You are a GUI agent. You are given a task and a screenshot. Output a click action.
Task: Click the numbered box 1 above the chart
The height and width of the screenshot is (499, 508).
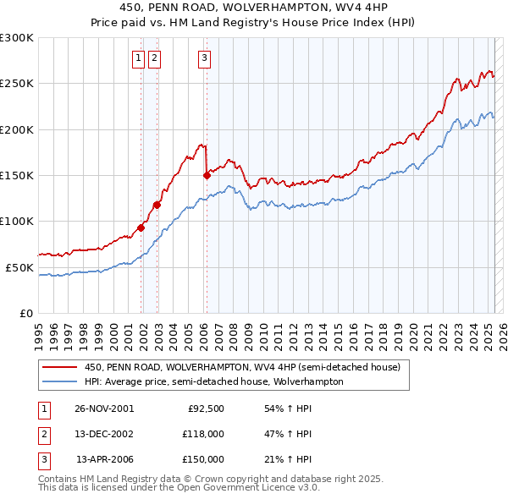tap(138, 58)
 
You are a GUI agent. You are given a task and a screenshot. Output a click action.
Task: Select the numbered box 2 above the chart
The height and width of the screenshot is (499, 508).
tap(154, 58)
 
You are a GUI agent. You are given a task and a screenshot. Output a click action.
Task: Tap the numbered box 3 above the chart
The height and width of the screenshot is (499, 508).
tap(205, 58)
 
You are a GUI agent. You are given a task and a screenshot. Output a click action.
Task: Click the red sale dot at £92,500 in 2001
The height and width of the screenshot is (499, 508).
tap(141, 227)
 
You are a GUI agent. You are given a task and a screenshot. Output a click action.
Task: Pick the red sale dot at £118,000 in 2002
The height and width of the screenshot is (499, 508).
tap(157, 204)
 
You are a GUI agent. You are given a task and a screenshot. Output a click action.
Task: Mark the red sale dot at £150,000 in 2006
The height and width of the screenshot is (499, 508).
tap(207, 175)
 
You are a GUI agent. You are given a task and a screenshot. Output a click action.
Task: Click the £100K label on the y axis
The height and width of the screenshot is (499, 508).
tap(17, 221)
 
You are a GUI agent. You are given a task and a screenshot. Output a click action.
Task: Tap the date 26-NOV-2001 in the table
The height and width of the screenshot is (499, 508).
tap(104, 409)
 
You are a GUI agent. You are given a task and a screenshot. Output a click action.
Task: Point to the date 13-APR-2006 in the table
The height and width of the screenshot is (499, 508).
tap(104, 459)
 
